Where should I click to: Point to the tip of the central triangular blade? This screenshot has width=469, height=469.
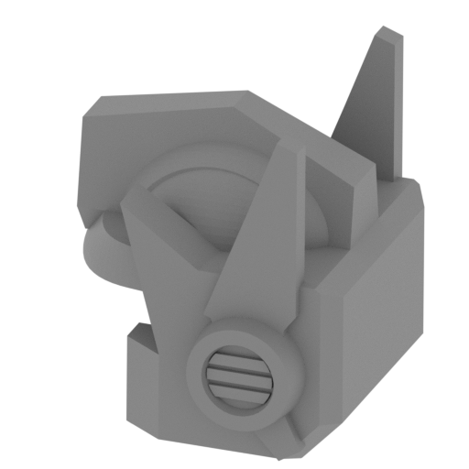(286, 149)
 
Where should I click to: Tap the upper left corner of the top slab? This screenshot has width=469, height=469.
(80, 119)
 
